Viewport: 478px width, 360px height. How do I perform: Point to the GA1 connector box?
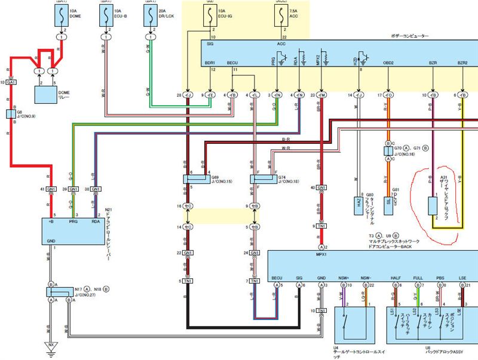pyautogui.click(x=11, y=82)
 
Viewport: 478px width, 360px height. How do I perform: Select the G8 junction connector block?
pyautogui.click(x=11, y=114)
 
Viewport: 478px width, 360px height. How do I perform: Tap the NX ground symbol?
pyautogui.click(x=51, y=346)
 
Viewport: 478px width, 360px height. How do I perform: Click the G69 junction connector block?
pyautogui.click(x=197, y=179)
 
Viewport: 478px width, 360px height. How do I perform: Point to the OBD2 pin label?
pyautogui.click(x=389, y=62)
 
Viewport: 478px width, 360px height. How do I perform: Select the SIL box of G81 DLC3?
pyautogui.click(x=388, y=201)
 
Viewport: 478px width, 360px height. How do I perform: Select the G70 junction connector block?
pyautogui.click(x=388, y=151)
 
